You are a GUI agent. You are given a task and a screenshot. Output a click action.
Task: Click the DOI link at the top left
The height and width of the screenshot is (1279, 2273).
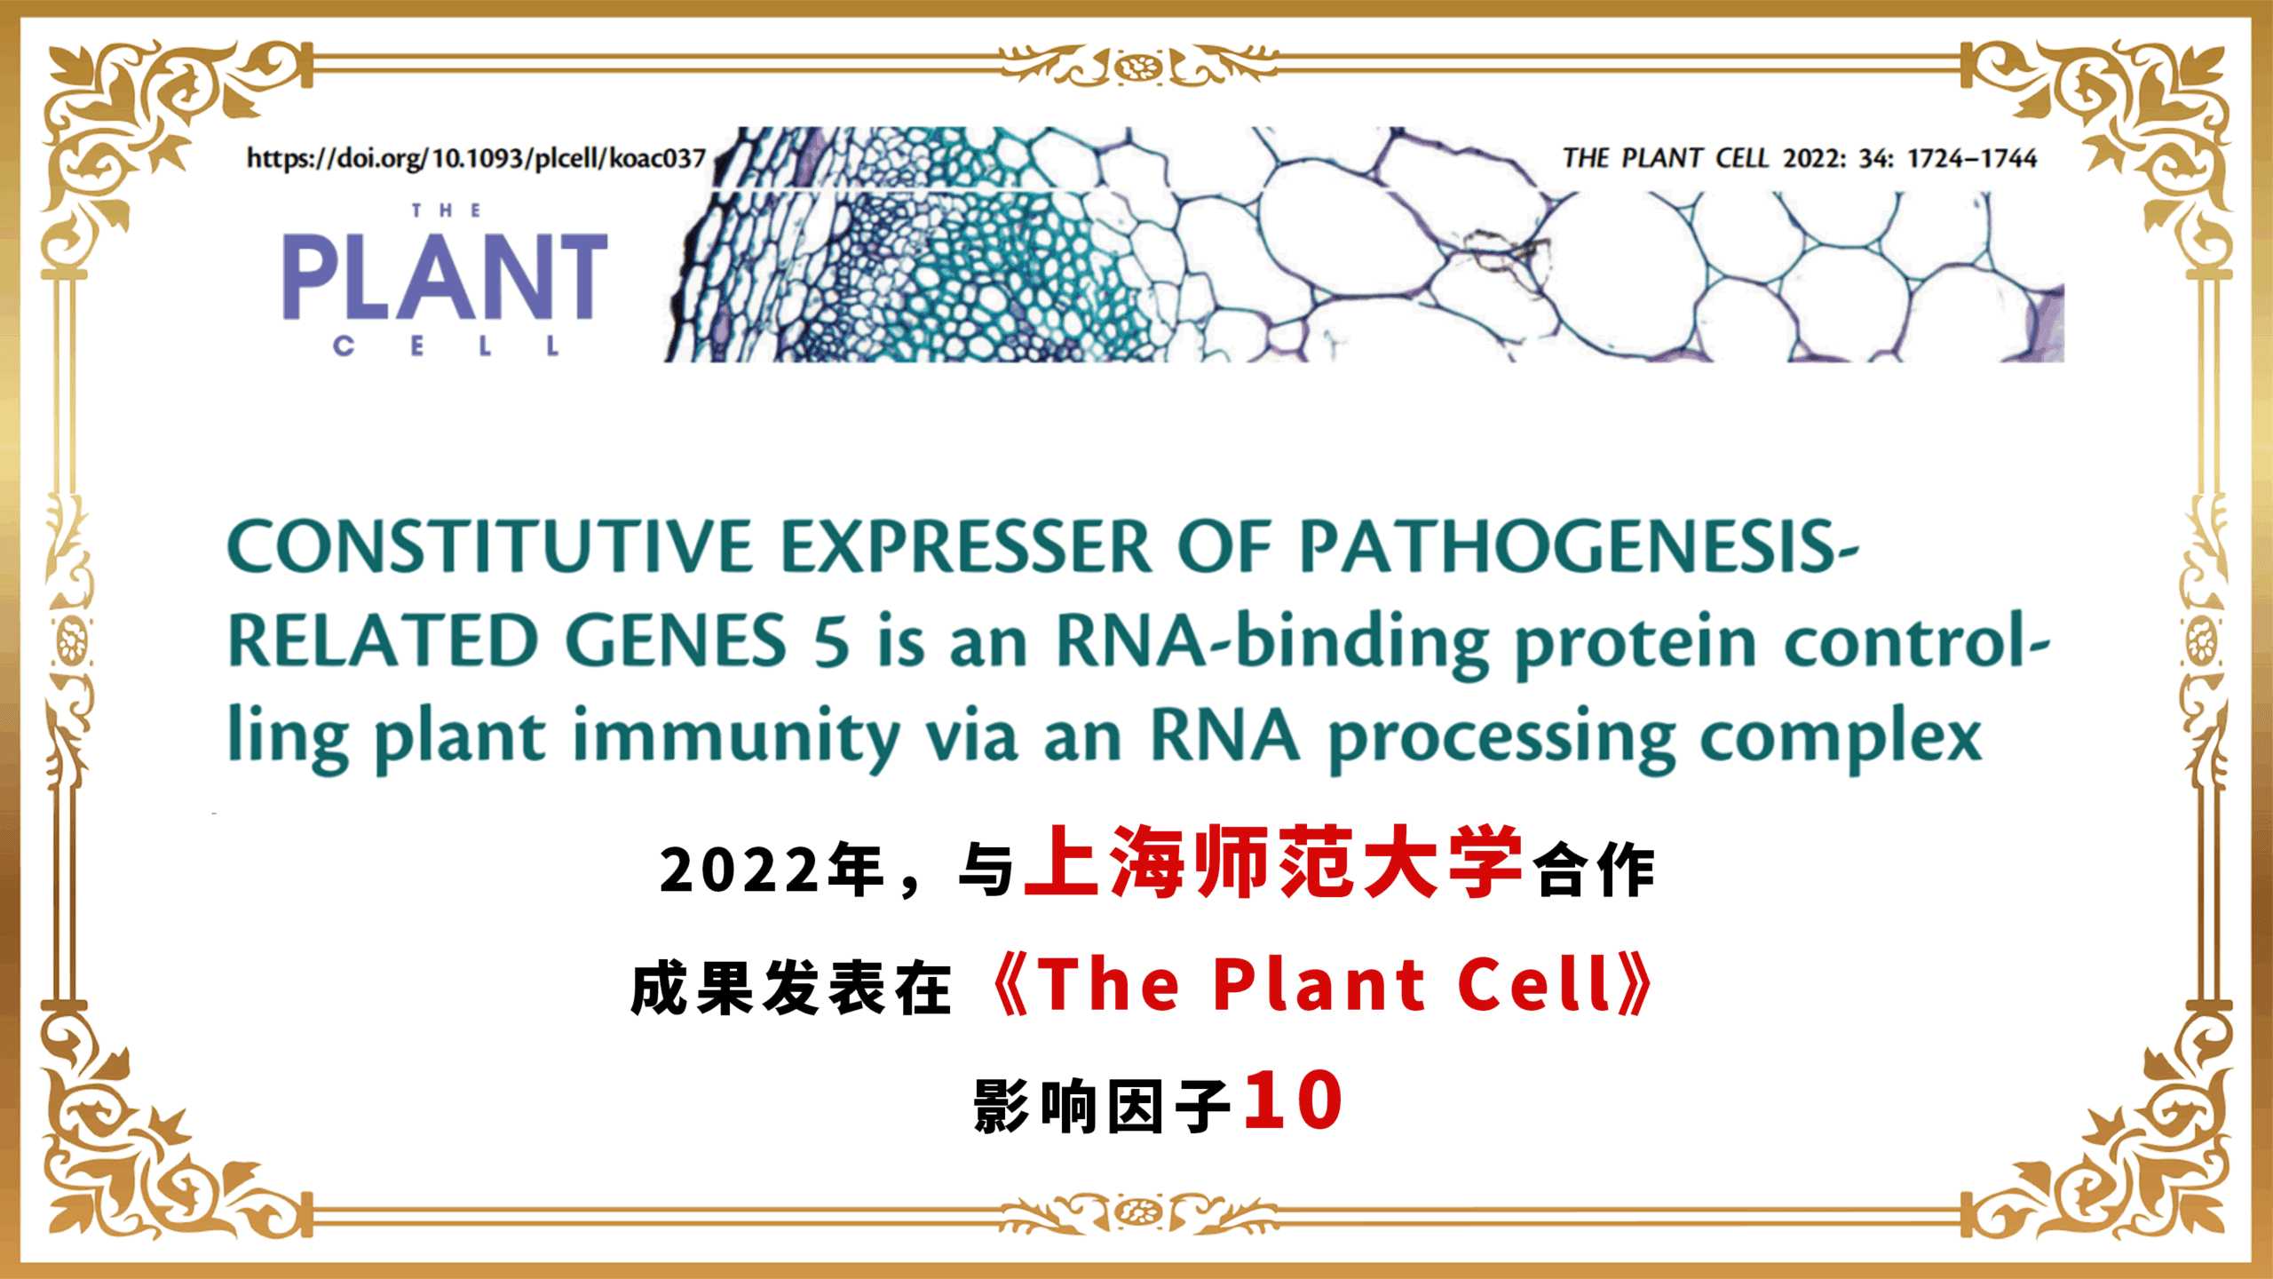(476, 158)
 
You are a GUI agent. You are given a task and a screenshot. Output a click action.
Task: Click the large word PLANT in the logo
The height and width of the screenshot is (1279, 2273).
(445, 276)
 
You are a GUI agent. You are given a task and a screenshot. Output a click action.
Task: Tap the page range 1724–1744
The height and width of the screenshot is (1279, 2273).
(1972, 158)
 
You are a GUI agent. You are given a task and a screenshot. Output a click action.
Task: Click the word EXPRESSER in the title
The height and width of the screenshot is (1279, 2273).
(965, 546)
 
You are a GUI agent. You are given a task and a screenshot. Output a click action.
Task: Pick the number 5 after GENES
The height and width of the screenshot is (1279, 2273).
(832, 641)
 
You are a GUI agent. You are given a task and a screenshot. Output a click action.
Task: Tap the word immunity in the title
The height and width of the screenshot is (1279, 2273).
(738, 737)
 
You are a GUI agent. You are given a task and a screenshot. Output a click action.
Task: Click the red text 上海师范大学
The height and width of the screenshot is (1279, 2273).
(1274, 862)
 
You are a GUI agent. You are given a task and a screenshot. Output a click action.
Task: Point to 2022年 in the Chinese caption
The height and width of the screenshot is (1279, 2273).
(772, 870)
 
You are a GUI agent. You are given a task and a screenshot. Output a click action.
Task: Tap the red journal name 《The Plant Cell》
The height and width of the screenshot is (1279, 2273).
(1322, 985)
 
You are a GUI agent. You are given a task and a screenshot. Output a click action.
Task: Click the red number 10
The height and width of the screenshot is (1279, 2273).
(1293, 1100)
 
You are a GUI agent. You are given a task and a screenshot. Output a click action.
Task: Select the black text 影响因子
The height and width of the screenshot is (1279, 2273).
(1102, 1106)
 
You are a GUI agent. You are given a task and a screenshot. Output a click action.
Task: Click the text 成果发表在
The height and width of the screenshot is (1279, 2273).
(791, 988)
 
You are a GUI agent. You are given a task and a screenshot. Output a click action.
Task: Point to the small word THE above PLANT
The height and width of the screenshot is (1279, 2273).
(446, 211)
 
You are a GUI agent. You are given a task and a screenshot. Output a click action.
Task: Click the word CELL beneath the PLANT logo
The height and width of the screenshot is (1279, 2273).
(446, 346)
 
